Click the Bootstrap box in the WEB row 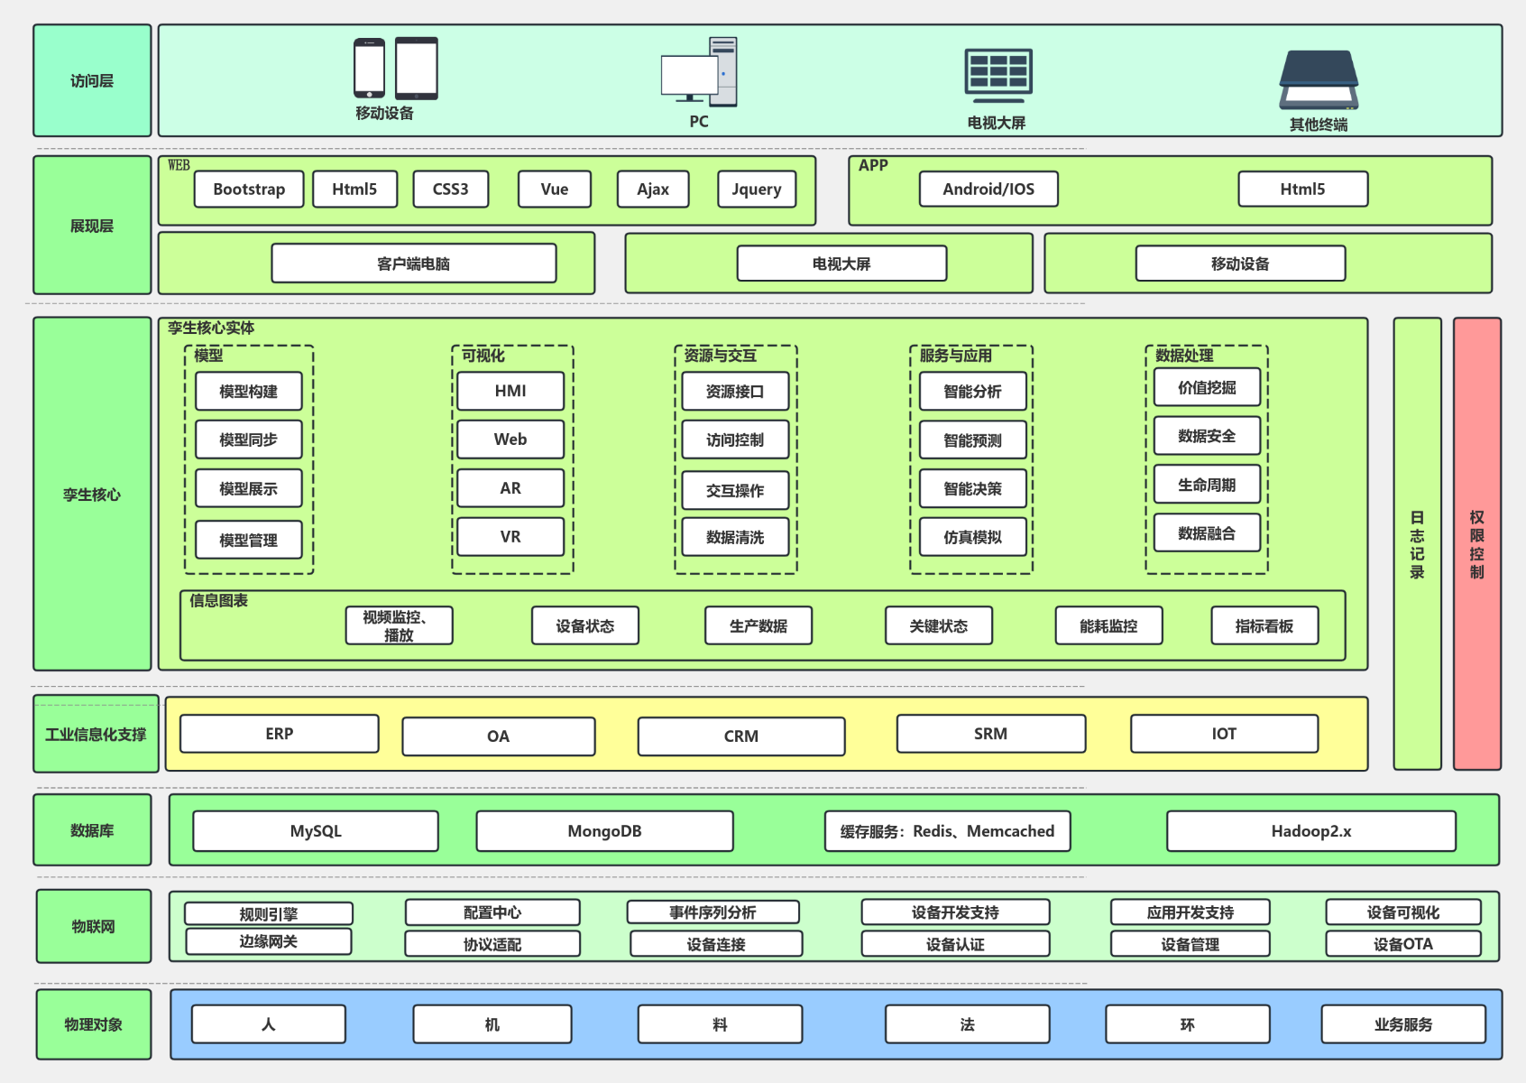tap(249, 189)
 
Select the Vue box tap(555, 189)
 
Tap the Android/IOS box tap(988, 189)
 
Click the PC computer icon tap(699, 72)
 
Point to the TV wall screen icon tap(998, 75)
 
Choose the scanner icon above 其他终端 tap(1319, 79)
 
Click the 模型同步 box tap(249, 440)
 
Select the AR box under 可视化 tap(510, 488)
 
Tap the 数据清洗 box tap(735, 537)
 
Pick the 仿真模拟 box tap(973, 537)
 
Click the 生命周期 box tap(1207, 485)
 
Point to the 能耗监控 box tap(1109, 625)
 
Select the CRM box tap(741, 736)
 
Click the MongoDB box tap(605, 831)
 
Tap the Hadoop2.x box tap(1311, 831)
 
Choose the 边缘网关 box tap(269, 941)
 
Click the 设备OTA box tap(1403, 944)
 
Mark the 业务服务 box tap(1403, 1023)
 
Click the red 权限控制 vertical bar tap(1477, 543)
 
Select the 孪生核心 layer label tap(92, 495)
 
